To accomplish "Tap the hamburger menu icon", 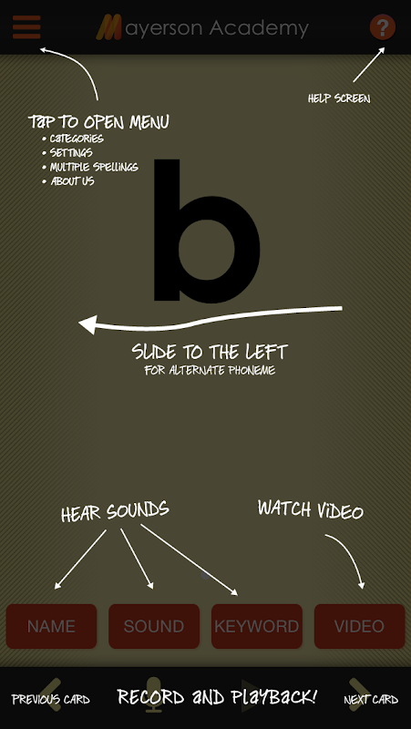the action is [x=26, y=27].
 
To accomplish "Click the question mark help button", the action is [x=383, y=27].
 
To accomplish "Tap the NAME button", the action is [x=51, y=626].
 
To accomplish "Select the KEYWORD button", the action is [x=257, y=626].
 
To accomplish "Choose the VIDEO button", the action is [x=359, y=626].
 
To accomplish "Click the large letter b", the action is [x=207, y=231].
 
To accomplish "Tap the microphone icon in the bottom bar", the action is [x=154, y=694].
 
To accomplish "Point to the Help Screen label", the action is [x=339, y=98].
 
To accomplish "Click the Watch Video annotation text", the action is [x=311, y=509].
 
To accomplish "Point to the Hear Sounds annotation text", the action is [x=115, y=511].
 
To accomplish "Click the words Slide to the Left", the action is [x=210, y=352].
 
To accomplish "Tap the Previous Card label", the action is [x=51, y=699].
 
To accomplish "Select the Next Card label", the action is [x=371, y=699].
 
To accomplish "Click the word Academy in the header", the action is [x=258, y=28].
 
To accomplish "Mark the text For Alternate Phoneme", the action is [x=210, y=371].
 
